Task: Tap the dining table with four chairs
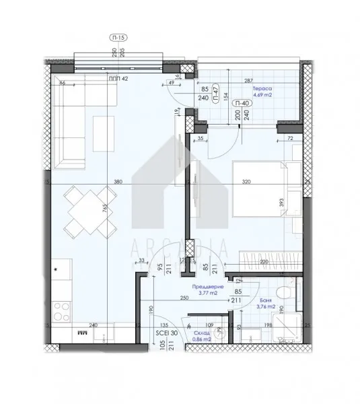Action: (85, 211)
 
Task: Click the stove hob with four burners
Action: (62, 308)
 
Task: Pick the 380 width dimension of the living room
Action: (118, 181)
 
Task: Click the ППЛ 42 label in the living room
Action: (118, 79)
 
